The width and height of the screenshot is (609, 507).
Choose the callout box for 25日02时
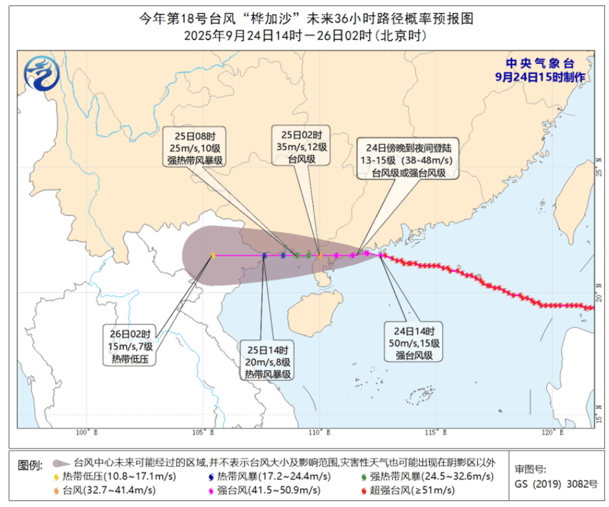(x=300, y=147)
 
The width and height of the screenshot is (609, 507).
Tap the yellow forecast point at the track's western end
(x=213, y=255)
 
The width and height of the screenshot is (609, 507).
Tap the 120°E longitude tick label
(x=552, y=432)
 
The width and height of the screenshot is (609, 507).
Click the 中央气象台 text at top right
(x=539, y=63)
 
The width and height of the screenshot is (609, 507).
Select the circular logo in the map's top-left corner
(x=40, y=74)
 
